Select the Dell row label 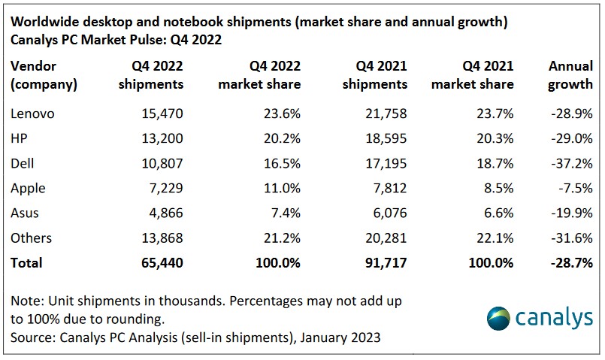coord(23,163)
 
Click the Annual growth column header coord(570,74)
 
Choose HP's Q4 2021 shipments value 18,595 coord(383,138)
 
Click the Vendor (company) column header coord(44,74)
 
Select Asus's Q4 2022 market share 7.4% coord(284,213)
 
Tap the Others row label coord(32,237)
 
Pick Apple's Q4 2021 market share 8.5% coord(498,188)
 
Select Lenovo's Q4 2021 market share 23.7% coord(494,113)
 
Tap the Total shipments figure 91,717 coord(383,262)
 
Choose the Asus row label coord(25,213)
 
